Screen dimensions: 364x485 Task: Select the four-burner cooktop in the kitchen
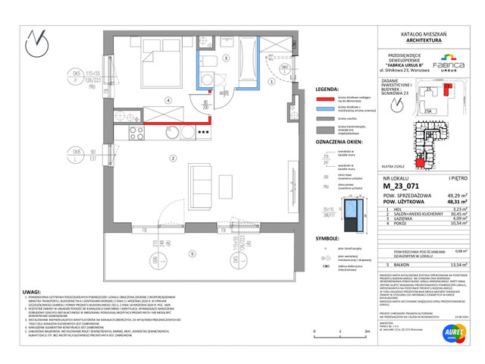click(137, 133)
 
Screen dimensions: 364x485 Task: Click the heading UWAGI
click(33, 292)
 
